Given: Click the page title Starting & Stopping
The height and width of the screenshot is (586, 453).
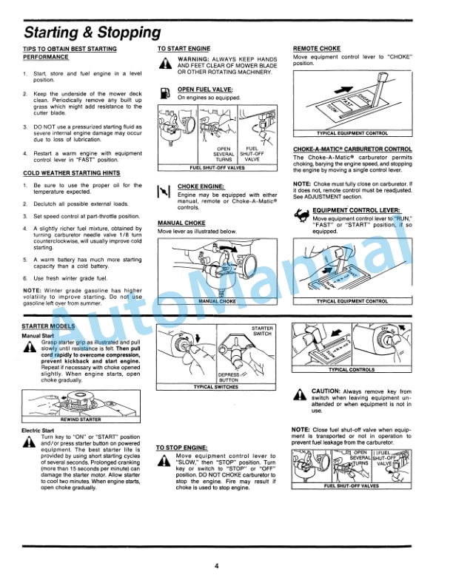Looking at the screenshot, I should coord(93,32).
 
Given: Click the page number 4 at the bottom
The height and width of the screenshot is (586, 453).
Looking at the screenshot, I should coord(217,566).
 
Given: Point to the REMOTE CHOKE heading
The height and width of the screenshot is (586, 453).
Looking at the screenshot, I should coord(317,48).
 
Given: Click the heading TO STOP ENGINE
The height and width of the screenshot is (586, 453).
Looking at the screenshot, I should coord(181,447).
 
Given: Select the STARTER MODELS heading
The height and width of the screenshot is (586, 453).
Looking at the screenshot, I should coord(49,326).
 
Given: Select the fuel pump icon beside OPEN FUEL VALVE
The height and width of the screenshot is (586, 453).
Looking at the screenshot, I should coord(165,93).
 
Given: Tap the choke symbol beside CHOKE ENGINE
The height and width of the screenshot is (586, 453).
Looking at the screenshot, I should coord(165,192).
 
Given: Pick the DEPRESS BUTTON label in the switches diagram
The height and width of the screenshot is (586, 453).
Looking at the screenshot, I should coord(229,377).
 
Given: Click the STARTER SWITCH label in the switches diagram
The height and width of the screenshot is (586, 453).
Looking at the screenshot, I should coord(263,331).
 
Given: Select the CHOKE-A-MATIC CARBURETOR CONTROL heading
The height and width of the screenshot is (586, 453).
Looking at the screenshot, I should coord(352,149).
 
